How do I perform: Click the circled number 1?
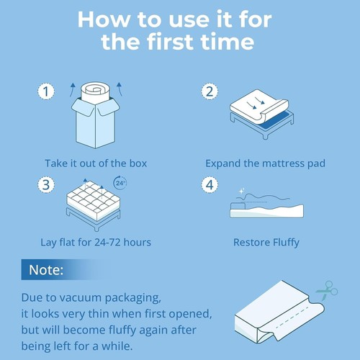(46, 91)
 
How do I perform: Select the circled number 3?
(46, 184)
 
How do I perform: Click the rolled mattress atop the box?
(96, 93)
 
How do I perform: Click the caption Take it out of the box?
(96, 163)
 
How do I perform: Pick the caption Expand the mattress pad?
(265, 163)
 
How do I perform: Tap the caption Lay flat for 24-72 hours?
(96, 242)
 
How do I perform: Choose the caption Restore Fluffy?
(265, 242)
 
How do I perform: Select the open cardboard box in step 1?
(96, 126)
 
